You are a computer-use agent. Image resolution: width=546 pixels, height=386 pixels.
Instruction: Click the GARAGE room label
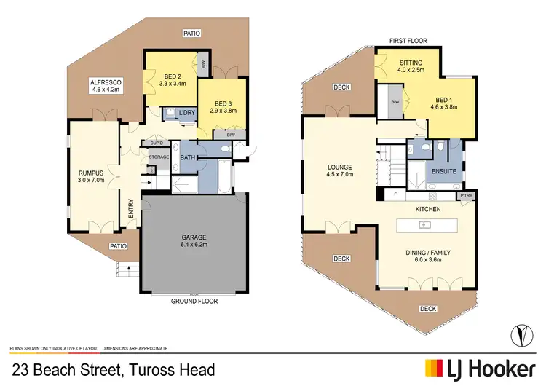tap(194, 237)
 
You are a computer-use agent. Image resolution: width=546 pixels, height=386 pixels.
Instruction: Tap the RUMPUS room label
tap(92, 173)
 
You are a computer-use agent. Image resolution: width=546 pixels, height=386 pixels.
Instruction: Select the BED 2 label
tap(173, 76)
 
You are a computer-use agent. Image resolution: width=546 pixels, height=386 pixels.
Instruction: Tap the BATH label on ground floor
tap(187, 157)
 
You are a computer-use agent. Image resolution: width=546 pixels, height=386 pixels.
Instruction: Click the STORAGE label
tap(159, 157)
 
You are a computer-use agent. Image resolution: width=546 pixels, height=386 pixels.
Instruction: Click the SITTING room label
tap(411, 63)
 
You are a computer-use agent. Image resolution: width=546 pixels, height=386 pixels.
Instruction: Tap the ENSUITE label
tap(443, 172)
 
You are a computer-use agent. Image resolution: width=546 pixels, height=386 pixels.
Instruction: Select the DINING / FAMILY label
tap(428, 253)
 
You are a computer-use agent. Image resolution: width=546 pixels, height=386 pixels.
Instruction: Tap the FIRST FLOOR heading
tap(409, 41)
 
